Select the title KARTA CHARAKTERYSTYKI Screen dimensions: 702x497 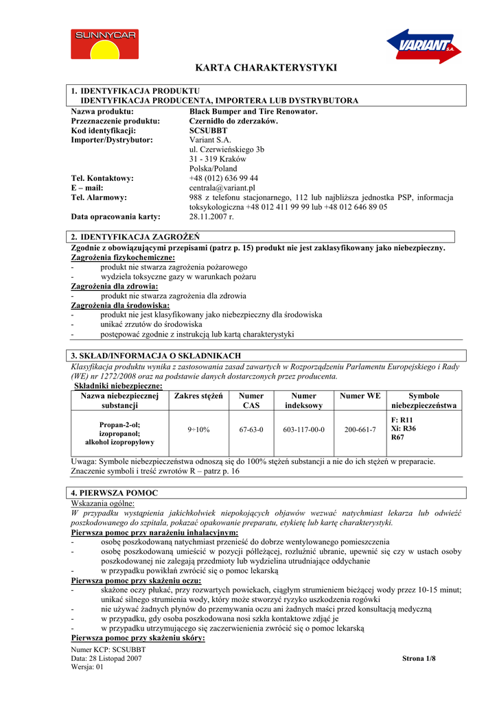click(266, 68)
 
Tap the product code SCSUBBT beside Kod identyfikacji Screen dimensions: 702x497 click(208, 130)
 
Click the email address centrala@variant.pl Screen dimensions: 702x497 click(222, 188)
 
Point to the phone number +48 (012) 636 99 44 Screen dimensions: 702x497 click(224, 178)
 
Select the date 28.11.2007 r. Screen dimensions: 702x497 click(211, 217)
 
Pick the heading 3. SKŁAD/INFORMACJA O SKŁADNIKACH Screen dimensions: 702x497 click(157, 356)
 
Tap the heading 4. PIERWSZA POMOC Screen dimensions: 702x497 click(115, 493)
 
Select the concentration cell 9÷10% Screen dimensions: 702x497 click(199, 430)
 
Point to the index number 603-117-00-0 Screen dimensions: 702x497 click(303, 430)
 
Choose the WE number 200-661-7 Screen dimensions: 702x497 click(360, 430)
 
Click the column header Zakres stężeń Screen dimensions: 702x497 click(199, 396)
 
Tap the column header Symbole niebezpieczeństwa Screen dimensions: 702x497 click(424, 401)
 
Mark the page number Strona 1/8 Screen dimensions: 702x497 click(419, 659)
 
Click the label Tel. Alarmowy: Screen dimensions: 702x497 click(99, 197)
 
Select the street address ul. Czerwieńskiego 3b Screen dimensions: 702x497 click(227, 149)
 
